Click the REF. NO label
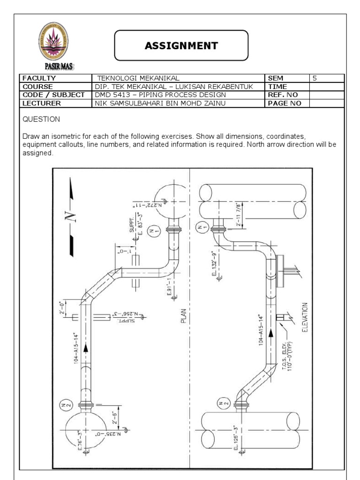[x=283, y=95]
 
